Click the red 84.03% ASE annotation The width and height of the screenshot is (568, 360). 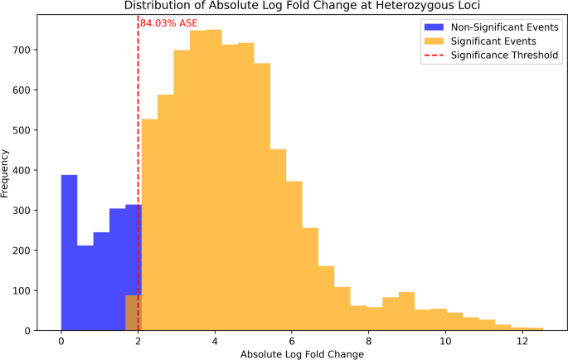click(168, 23)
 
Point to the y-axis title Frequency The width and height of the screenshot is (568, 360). click(7, 173)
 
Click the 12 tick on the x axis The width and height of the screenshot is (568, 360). click(522, 340)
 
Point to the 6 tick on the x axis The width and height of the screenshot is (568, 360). click(291, 340)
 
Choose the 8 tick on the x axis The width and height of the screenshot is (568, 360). click(368, 340)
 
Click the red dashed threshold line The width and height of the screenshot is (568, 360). click(138, 124)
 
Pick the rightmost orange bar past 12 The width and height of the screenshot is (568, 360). click(535, 328)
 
